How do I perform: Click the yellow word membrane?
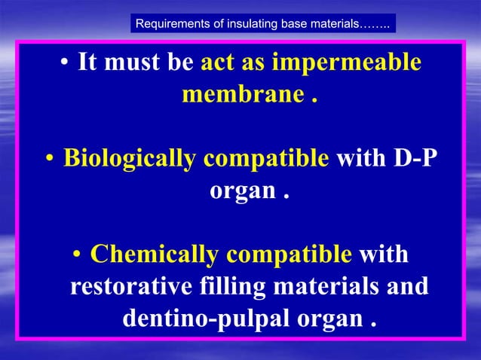[240, 96]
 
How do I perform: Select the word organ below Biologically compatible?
[240, 191]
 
